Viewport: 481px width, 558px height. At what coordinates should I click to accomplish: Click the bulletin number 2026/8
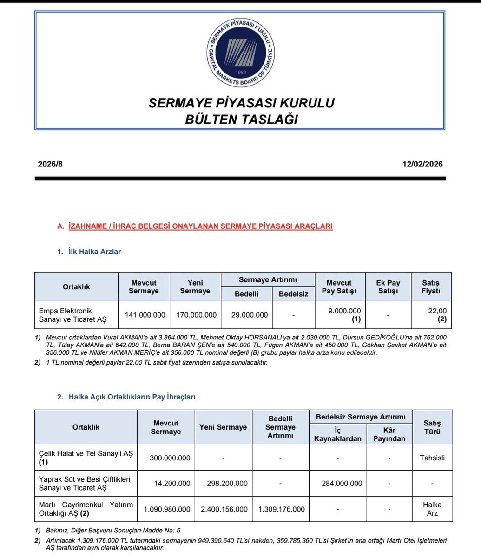pos(50,164)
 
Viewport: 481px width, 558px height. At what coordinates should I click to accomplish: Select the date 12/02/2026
pos(423,164)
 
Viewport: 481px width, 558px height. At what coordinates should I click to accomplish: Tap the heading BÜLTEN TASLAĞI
pos(241,120)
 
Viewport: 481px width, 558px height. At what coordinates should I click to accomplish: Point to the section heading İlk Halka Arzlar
pos(95,252)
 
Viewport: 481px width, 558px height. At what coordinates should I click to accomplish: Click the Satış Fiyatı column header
pos(430,287)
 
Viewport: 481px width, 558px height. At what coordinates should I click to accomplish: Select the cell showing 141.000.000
pos(145,315)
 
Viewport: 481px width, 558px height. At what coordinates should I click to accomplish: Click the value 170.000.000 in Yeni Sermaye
pos(196,315)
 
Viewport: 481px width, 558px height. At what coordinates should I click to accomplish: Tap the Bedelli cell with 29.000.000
pos(249,315)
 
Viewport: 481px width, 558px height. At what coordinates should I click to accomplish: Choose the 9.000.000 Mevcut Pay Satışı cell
pos(344,311)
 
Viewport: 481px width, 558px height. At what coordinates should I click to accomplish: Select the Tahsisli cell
pos(432,458)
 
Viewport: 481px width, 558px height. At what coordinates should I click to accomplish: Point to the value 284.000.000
pos(342,483)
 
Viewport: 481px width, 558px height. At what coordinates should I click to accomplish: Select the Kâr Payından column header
pos(389,434)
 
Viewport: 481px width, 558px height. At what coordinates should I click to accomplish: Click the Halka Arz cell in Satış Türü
pos(432,509)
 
